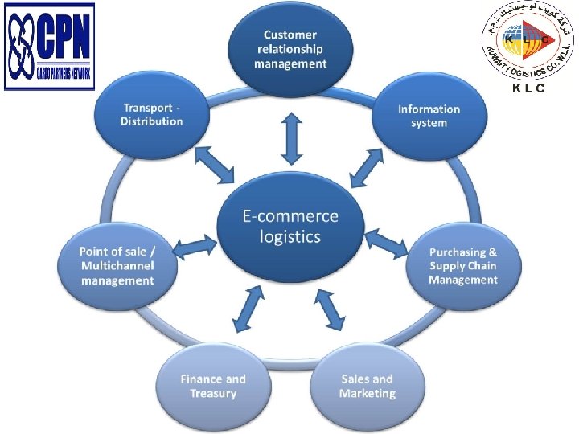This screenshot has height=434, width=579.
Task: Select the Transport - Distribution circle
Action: [x=152, y=114]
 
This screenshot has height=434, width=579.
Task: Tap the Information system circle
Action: [x=429, y=116]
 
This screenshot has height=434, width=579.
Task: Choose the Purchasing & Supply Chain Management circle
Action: [x=462, y=266]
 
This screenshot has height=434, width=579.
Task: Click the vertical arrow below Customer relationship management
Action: [x=290, y=136]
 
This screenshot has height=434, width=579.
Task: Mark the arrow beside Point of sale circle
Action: [x=193, y=248]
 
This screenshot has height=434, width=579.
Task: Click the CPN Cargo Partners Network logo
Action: [x=50, y=46]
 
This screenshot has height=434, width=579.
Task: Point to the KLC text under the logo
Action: [x=528, y=88]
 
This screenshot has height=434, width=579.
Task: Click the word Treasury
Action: [x=213, y=394]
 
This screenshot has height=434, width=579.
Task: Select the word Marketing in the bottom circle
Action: [x=368, y=394]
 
